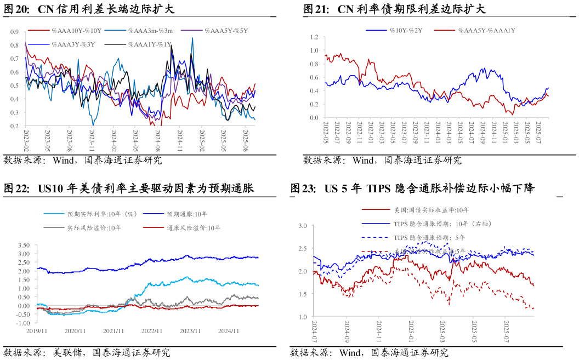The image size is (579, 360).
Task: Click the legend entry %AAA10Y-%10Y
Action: point(77,31)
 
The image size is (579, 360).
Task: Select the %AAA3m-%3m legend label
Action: point(150,31)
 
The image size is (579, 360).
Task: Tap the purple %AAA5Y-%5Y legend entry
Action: point(226,31)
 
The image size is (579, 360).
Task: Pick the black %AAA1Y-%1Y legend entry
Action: point(150,44)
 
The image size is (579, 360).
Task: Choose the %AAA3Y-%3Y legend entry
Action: point(73,44)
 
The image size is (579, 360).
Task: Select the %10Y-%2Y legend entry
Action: point(406,31)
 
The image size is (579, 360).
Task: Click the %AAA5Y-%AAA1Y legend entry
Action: point(486,31)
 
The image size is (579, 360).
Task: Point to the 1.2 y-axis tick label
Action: point(314,37)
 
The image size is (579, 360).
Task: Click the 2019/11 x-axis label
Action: point(37,330)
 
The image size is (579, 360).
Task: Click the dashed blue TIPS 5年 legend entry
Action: point(429,237)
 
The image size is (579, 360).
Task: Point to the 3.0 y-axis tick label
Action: point(303,225)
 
